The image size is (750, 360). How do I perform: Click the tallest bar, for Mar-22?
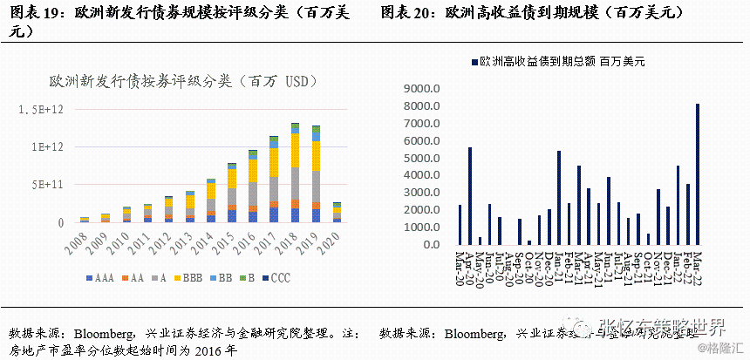(697, 174)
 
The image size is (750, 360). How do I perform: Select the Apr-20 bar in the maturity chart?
(470, 196)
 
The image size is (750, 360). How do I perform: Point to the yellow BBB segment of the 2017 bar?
(275, 162)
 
